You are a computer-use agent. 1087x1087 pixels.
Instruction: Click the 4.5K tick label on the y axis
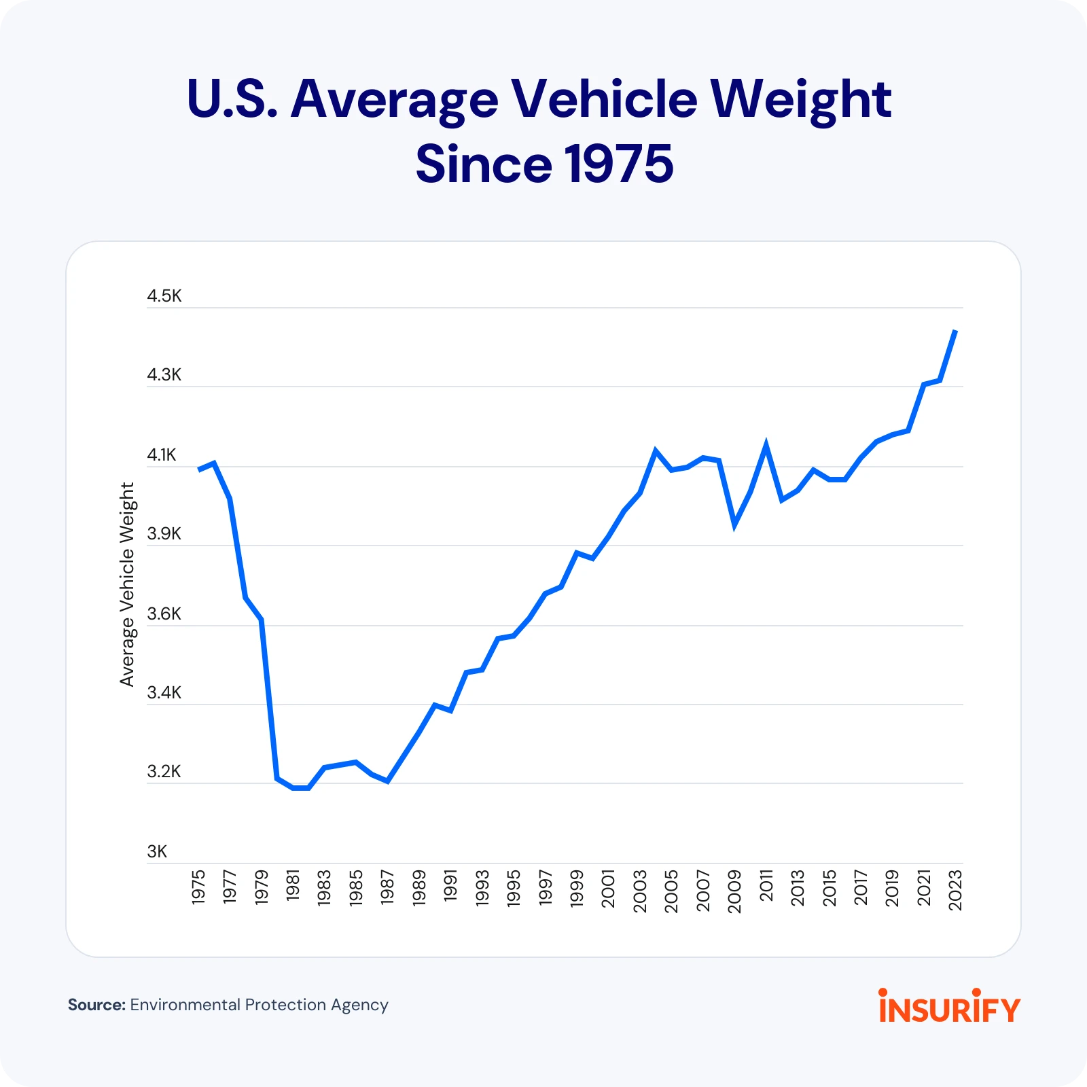pyautogui.click(x=164, y=296)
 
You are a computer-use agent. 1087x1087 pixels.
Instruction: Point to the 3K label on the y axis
pyautogui.click(x=157, y=852)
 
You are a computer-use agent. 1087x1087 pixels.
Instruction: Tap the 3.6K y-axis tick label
pyautogui.click(x=164, y=614)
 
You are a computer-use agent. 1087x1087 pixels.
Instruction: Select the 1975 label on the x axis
pyautogui.click(x=198, y=887)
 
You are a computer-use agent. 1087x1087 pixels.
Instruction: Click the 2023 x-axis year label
pyautogui.click(x=955, y=890)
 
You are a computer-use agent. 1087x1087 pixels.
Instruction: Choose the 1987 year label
pyautogui.click(x=387, y=887)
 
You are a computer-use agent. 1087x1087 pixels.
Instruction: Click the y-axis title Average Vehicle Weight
pyautogui.click(x=127, y=584)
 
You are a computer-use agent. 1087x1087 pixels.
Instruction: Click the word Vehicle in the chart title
pyautogui.click(x=604, y=99)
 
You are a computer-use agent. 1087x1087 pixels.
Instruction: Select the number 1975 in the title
pyautogui.click(x=618, y=164)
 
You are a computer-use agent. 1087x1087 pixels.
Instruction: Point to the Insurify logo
pyautogui.click(x=949, y=1007)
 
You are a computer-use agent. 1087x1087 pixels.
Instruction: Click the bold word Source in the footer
pyautogui.click(x=96, y=1005)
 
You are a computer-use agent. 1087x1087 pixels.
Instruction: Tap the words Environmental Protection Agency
pyautogui.click(x=259, y=1005)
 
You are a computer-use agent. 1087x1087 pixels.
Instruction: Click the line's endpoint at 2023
pyautogui.click(x=956, y=331)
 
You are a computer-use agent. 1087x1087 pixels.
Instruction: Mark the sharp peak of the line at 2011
pyautogui.click(x=766, y=446)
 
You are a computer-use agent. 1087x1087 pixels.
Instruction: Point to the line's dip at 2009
pyautogui.click(x=734, y=524)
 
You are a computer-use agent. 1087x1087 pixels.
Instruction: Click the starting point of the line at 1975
pyautogui.click(x=199, y=469)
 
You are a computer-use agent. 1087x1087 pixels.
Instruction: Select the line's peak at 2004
pyautogui.click(x=656, y=450)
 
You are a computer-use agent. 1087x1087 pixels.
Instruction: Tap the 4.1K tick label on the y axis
pyautogui.click(x=162, y=455)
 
